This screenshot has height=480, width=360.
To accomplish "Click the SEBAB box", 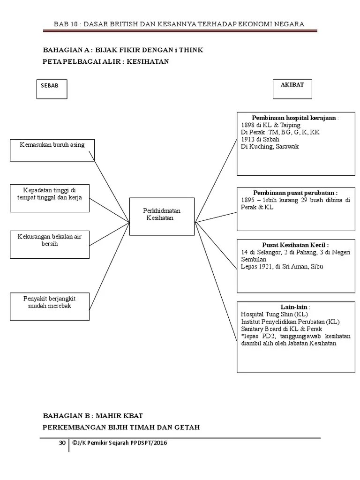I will (52, 89).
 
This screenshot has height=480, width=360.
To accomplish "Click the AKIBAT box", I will (292, 89).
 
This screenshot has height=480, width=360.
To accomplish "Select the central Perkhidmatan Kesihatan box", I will (162, 215).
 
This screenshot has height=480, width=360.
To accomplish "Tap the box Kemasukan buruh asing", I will (52, 150).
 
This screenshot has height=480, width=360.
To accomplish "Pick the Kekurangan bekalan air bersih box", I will (49, 244).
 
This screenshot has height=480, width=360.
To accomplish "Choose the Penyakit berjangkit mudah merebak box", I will (49, 306).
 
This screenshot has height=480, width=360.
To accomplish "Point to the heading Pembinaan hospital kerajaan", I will (294, 118).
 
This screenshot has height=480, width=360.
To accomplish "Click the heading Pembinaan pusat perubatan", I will (295, 193).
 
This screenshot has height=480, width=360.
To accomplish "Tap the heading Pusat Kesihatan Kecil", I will (295, 245).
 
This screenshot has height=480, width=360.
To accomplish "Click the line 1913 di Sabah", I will (260, 139).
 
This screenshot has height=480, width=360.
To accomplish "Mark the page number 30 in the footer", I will (62, 442).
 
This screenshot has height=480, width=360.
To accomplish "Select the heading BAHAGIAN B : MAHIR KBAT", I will (93, 416).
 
